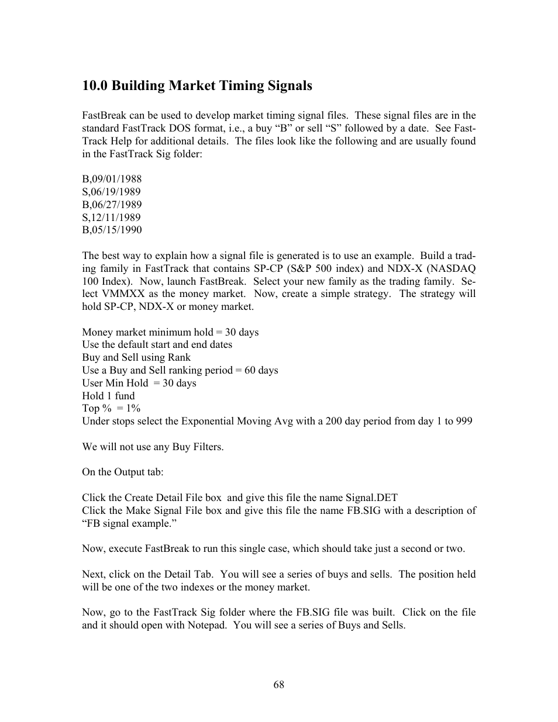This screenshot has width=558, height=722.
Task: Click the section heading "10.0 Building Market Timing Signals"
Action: click(x=197, y=86)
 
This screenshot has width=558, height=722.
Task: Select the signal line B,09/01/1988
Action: click(x=112, y=179)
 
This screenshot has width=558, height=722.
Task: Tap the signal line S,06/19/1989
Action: click(x=111, y=192)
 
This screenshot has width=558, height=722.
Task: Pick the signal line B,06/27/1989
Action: click(x=112, y=205)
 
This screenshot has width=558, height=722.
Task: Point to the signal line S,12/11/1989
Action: click(x=111, y=217)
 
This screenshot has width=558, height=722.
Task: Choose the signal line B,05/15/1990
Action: click(x=112, y=230)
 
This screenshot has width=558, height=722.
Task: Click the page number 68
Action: click(x=278, y=685)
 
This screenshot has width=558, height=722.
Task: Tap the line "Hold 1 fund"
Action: click(x=108, y=396)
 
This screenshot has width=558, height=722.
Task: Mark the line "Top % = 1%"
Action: click(x=111, y=409)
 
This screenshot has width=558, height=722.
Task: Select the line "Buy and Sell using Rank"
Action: click(x=136, y=358)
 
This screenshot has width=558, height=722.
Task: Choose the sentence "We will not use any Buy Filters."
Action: click(x=153, y=447)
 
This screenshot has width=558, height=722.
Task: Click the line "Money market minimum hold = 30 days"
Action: click(x=170, y=332)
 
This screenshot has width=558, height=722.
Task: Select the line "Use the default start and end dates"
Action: click(x=157, y=345)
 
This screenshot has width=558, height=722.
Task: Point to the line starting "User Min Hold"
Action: click(x=139, y=384)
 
